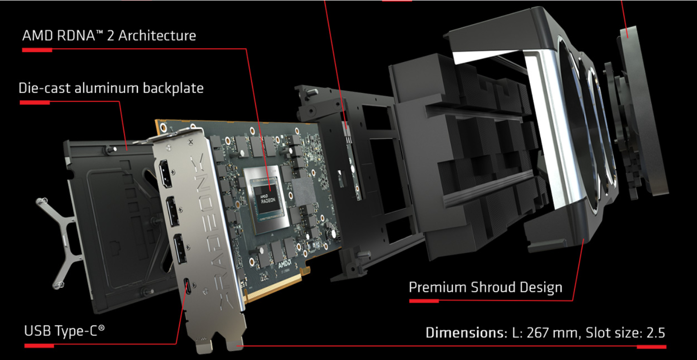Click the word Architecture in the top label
(x=157, y=36)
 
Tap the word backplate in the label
(x=173, y=88)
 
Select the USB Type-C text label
(x=65, y=331)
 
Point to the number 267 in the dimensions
(x=537, y=333)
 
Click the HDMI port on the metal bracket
(x=165, y=174)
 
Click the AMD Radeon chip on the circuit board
(x=268, y=199)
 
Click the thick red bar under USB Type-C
(x=39, y=346)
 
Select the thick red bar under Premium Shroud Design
(x=424, y=301)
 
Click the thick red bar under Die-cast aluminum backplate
(x=35, y=102)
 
